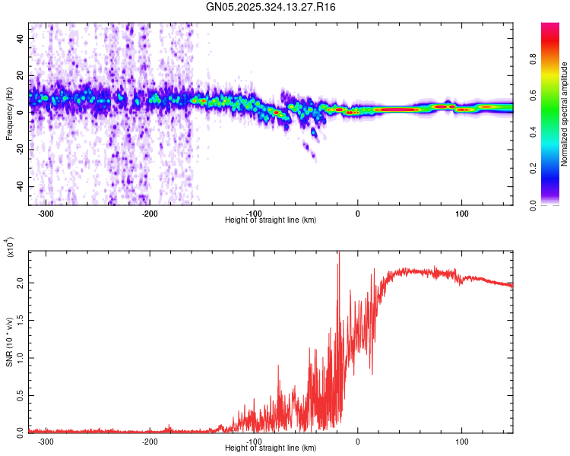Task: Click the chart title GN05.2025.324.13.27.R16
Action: click(271, 7)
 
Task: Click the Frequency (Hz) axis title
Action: click(9, 114)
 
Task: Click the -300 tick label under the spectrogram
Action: click(46, 213)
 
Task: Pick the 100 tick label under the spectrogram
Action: click(461, 213)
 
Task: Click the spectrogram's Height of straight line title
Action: click(271, 220)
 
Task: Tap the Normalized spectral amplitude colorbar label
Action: click(564, 114)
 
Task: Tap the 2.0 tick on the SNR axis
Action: click(19, 282)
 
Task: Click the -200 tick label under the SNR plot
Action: click(150, 441)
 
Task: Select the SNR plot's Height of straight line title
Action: click(271, 448)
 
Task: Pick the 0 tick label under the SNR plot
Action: click(358, 441)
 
